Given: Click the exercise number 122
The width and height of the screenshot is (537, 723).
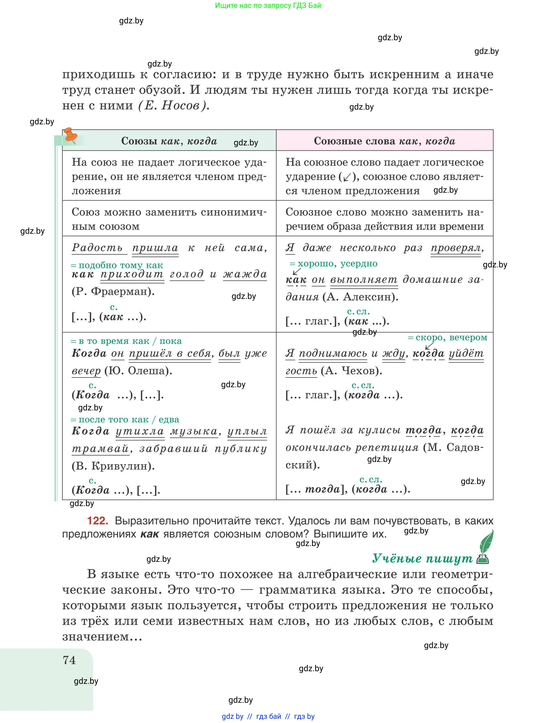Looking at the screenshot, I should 97,521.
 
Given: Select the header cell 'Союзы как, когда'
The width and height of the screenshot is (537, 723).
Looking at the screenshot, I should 169,141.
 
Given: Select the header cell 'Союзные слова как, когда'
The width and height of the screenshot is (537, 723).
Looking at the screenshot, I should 384,141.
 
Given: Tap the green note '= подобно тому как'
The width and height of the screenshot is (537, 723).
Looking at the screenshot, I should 117,265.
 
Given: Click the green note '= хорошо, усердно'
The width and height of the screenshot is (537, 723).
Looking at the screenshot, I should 334,263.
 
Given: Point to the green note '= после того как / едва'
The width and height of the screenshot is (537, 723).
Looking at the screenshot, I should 125,419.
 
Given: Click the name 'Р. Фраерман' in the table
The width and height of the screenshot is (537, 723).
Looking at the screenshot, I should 113,291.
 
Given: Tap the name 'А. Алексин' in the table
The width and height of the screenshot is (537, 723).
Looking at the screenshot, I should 360,297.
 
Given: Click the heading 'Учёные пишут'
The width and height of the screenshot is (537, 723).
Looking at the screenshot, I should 422,558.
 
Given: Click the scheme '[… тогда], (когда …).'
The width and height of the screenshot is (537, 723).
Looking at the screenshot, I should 348,489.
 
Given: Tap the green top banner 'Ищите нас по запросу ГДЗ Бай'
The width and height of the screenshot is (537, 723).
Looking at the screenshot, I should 268,5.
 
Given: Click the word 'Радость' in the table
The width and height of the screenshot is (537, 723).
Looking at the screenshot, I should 97,248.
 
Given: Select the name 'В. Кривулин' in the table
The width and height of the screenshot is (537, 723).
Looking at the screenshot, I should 113,466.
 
